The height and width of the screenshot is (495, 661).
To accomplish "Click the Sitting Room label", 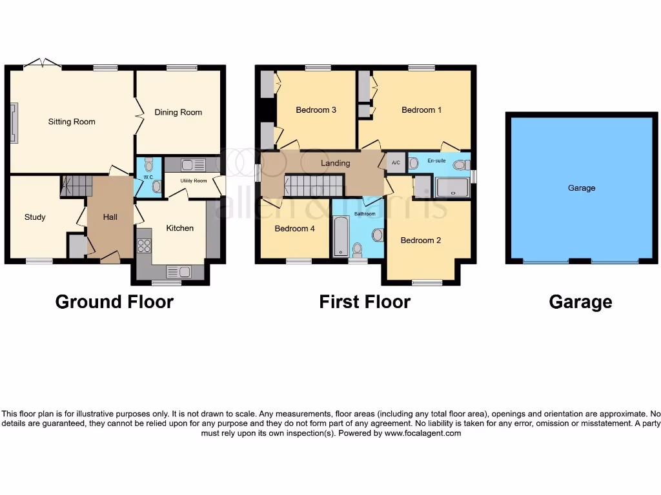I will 72,122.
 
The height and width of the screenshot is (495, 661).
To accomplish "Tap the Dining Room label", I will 178,112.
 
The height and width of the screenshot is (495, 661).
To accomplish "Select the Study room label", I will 35,217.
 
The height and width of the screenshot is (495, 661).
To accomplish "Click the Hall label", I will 110,217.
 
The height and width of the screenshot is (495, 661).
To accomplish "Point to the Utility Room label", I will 194,181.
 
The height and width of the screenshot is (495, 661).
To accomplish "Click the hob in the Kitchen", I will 144,246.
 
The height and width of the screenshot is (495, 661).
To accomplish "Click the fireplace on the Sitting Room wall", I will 14,122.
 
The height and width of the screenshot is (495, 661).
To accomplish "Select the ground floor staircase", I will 77,186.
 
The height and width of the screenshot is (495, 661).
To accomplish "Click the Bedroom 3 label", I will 316,110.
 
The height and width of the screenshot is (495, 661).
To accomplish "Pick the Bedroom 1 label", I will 422,110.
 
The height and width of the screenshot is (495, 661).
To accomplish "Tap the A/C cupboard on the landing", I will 396,163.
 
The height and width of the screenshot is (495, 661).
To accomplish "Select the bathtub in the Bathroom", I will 340,237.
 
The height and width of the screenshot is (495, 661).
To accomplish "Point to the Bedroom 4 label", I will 294,229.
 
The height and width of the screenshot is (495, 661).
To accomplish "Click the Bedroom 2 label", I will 421,240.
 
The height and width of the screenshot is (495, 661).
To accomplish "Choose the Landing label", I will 336,163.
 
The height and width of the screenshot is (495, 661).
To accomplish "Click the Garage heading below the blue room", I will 580,302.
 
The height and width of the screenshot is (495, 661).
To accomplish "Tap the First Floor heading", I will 365,302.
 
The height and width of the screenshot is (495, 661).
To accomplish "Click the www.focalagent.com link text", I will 423,434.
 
